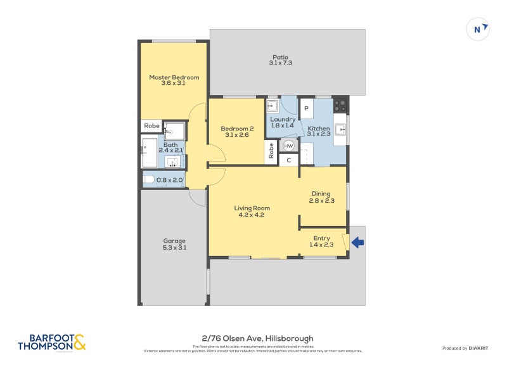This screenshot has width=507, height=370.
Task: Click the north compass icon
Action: (477, 29)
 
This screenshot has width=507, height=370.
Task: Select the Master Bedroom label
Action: (174, 80)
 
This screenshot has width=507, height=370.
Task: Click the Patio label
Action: (280, 59)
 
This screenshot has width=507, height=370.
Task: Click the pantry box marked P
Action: (306, 108)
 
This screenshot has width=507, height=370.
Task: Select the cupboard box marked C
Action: (288, 160)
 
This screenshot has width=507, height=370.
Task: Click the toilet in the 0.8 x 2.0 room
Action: (149, 180)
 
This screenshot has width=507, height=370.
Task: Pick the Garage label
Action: (174, 244)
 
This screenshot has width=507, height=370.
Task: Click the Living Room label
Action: (252, 211)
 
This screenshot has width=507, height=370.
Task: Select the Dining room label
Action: (323, 197)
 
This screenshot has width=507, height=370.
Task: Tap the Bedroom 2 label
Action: (237, 132)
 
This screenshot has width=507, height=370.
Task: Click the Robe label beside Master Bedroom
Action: (151, 125)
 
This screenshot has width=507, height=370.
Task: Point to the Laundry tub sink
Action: (273, 106)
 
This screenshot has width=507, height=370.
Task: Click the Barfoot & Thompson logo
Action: (52, 342)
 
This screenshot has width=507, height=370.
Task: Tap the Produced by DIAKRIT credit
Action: (464, 348)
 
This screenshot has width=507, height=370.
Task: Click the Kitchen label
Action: (319, 131)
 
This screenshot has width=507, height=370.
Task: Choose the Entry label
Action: (322, 241)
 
